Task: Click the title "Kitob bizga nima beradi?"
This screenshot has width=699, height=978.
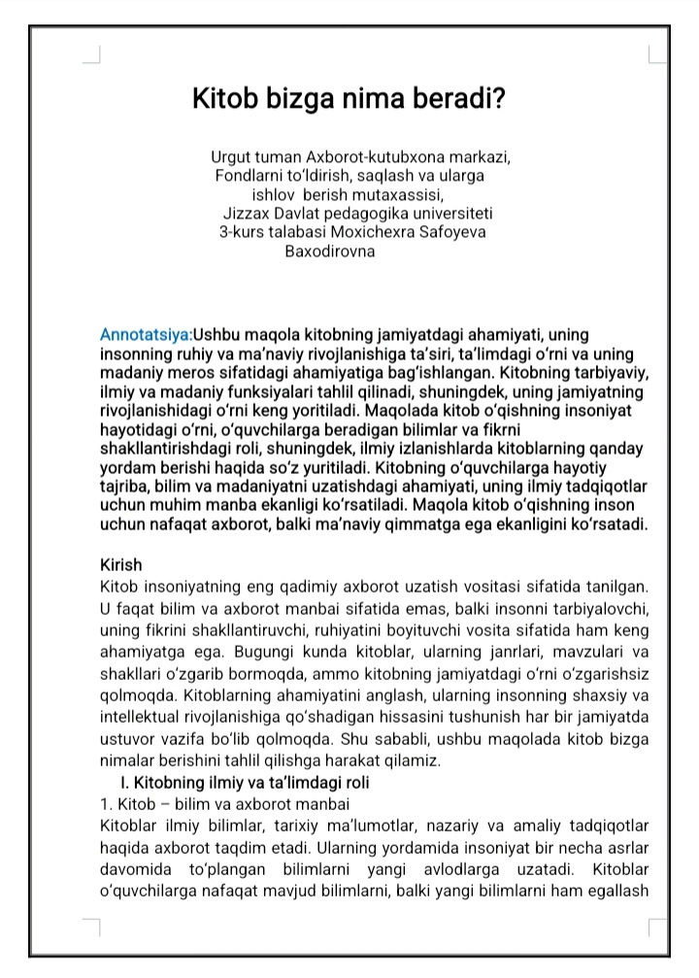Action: click(x=349, y=99)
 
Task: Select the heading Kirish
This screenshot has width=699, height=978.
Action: click(x=121, y=564)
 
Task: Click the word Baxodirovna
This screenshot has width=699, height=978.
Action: click(x=329, y=250)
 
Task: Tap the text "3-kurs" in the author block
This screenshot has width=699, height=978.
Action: click(x=241, y=231)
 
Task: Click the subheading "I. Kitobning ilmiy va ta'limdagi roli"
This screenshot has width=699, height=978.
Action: click(x=244, y=782)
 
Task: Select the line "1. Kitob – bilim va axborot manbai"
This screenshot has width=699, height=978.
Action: click(x=225, y=803)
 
